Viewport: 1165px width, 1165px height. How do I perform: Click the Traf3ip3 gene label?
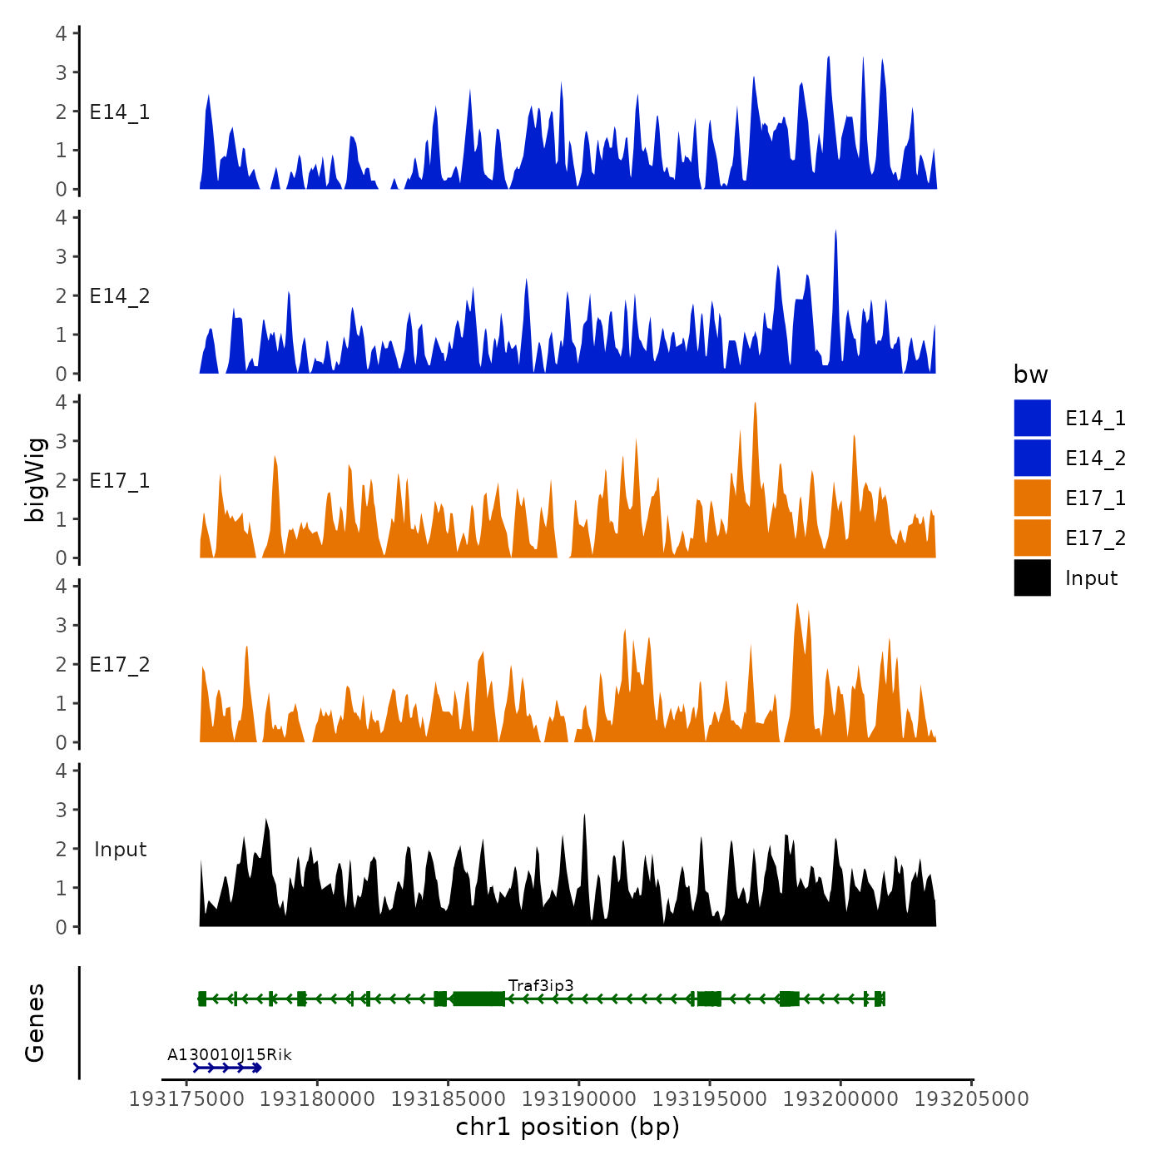click(541, 985)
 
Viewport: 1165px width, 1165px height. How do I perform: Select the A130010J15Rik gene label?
click(230, 1054)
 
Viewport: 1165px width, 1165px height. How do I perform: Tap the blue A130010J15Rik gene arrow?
click(227, 1068)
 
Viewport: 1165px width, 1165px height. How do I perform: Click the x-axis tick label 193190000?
click(579, 1098)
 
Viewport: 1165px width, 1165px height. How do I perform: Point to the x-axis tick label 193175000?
click(186, 1098)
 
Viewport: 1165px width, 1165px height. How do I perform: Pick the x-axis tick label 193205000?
click(971, 1098)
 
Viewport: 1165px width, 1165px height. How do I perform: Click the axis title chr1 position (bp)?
click(568, 1127)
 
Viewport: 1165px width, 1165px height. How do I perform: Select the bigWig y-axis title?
click(35, 480)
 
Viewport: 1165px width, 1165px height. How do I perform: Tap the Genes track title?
click(35, 1023)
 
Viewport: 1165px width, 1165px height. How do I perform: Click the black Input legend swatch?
click(1032, 578)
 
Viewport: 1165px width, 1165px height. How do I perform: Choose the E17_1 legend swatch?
click(1032, 498)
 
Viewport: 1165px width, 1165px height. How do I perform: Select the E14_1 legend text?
click(1095, 418)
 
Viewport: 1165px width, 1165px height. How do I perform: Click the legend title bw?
click(1030, 374)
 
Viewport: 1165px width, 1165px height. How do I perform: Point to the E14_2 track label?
click(120, 296)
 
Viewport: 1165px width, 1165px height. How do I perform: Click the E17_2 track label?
click(120, 664)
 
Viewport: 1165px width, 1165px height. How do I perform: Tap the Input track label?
click(120, 849)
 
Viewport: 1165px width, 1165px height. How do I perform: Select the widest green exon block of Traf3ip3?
click(478, 999)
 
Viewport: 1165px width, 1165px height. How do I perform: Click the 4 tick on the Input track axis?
click(62, 771)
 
